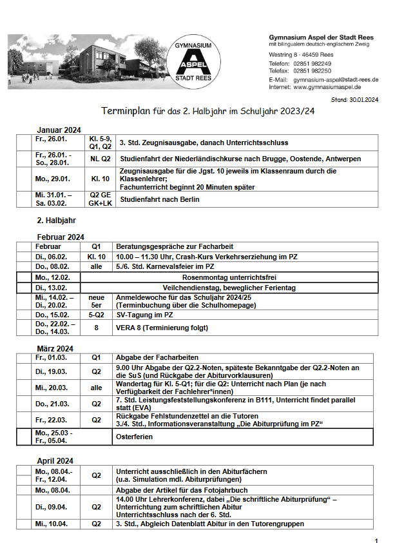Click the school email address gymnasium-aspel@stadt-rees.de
coord(336,79)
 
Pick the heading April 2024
coord(55,461)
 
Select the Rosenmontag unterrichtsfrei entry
coord(226,277)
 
